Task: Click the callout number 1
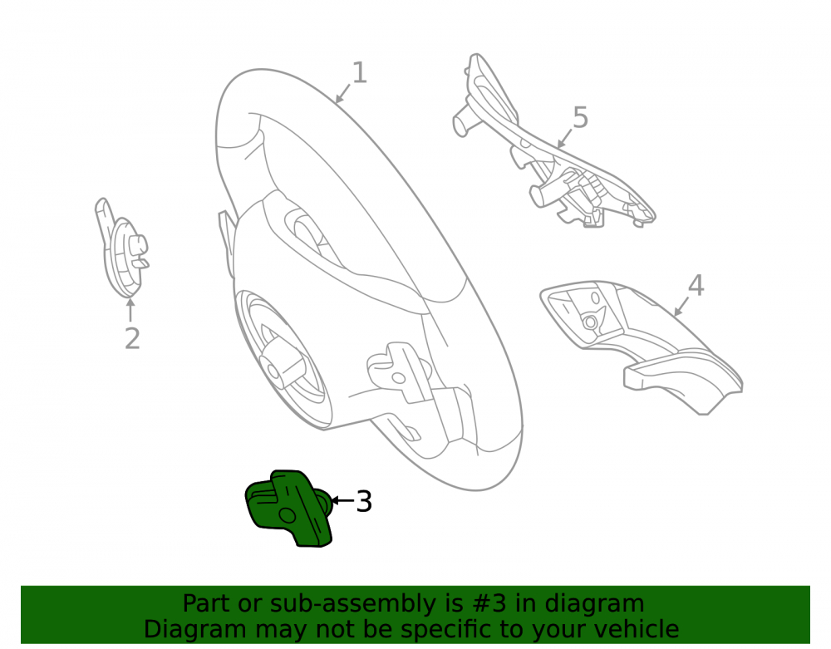coord(359,72)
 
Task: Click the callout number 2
coord(132,338)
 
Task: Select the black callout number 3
coord(364,501)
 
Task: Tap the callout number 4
coord(696,285)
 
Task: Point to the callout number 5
coord(581,117)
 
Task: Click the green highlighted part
coord(289,508)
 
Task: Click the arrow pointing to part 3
coord(342,500)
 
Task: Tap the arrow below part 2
coord(130,311)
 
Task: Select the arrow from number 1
coord(343,93)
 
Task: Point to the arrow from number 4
coord(681,307)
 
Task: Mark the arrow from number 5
coord(565,138)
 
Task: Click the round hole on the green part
coord(287,515)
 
